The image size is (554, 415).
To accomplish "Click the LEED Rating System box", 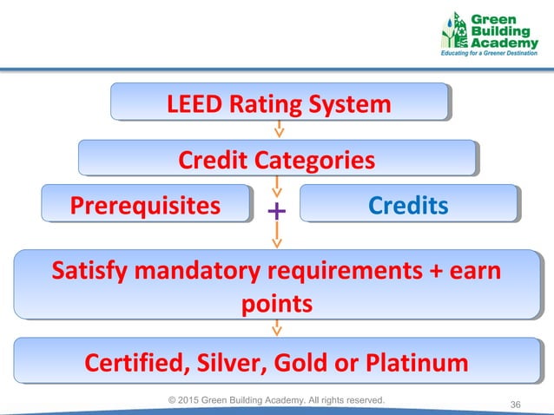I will coord(279,105).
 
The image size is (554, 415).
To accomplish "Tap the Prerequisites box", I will coord(146,205).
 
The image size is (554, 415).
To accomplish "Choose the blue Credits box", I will coord(407,205).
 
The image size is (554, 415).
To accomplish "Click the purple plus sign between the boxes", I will coord(276,211).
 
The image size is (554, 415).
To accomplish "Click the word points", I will coord(276,304).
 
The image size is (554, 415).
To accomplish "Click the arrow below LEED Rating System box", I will coord(278,130).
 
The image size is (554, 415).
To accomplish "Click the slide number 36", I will coord(516,405).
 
